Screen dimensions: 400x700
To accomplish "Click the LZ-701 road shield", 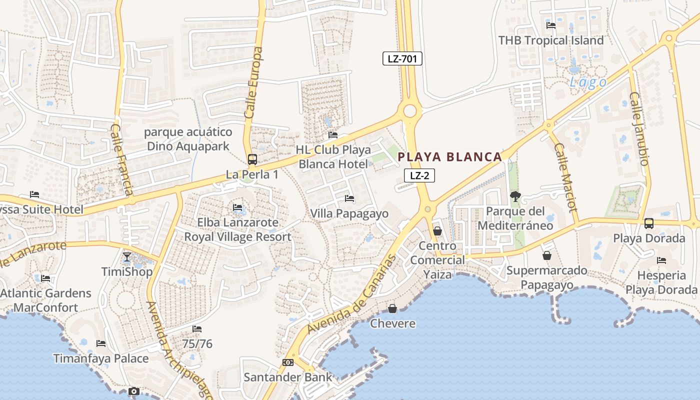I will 402,59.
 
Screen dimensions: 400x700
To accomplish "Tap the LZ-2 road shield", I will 419,175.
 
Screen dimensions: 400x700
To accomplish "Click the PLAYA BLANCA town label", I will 449,157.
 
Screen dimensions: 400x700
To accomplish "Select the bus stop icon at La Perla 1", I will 252,159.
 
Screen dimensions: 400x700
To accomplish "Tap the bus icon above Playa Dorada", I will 648,223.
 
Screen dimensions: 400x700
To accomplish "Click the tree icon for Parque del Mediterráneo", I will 515,196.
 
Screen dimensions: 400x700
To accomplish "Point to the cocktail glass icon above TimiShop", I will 127,257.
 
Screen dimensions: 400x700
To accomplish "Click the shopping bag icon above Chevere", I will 392,308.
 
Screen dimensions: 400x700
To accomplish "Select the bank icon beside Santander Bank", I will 287,362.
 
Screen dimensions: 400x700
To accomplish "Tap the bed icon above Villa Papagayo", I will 349,198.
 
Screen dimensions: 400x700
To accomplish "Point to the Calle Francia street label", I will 121,159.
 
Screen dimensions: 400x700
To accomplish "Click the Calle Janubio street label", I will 638,128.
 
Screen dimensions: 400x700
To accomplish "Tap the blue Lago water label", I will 588,82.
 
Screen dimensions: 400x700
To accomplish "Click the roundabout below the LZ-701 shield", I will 410,110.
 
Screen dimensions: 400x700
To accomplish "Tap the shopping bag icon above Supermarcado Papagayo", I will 547,255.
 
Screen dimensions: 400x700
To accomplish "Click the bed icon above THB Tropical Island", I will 551,25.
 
